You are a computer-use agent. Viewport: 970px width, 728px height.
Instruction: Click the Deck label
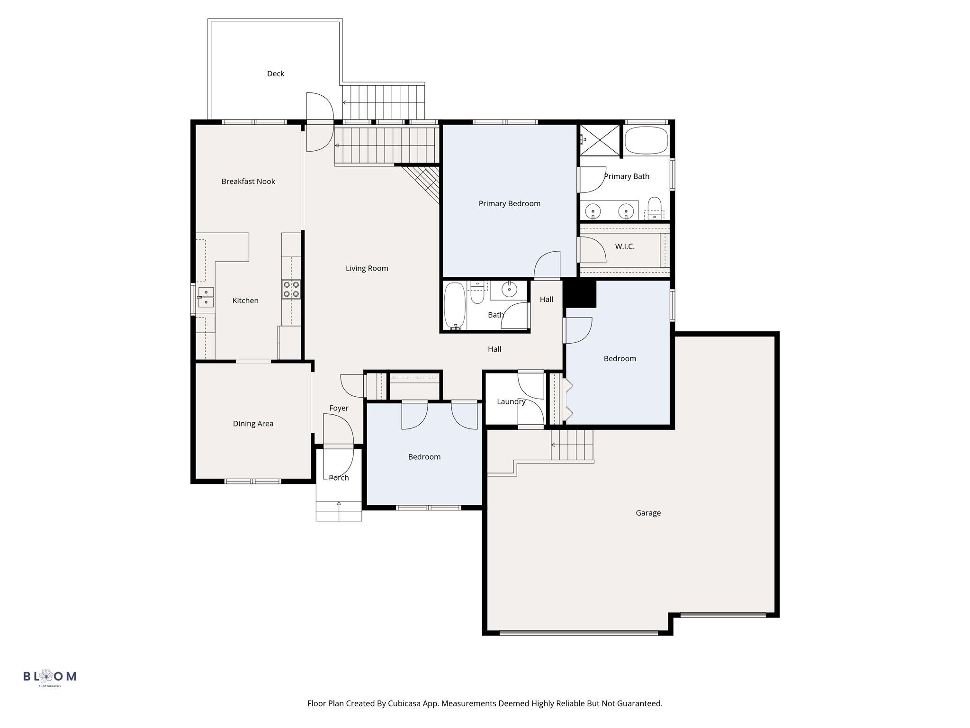pyautogui.click(x=276, y=73)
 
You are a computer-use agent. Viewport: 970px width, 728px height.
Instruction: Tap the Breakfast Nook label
pyautogui.click(x=248, y=182)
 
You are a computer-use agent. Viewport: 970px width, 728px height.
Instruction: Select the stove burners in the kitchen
pyautogui.click(x=291, y=289)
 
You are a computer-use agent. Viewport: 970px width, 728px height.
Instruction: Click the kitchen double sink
pyautogui.click(x=206, y=298)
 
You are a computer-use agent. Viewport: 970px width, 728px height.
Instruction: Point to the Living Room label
pyautogui.click(x=367, y=268)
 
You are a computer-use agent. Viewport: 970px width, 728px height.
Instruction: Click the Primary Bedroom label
pyautogui.click(x=510, y=204)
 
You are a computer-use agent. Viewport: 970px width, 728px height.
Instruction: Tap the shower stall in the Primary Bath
pyautogui.click(x=600, y=140)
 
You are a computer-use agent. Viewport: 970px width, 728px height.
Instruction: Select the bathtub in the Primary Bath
pyautogui.click(x=647, y=140)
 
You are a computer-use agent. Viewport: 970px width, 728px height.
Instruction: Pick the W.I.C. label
pyautogui.click(x=625, y=246)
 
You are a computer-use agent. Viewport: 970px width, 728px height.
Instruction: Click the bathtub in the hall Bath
pyautogui.click(x=455, y=306)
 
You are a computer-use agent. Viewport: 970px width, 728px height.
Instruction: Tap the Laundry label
pyautogui.click(x=511, y=401)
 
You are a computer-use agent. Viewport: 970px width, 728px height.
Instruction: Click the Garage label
pyautogui.click(x=648, y=513)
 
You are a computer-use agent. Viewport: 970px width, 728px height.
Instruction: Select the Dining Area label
pyautogui.click(x=253, y=424)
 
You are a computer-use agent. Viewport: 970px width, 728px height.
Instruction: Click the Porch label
pyautogui.click(x=339, y=478)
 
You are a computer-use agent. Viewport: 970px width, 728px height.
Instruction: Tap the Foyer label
pyautogui.click(x=339, y=408)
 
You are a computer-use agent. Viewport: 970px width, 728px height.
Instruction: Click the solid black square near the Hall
pyautogui.click(x=579, y=293)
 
